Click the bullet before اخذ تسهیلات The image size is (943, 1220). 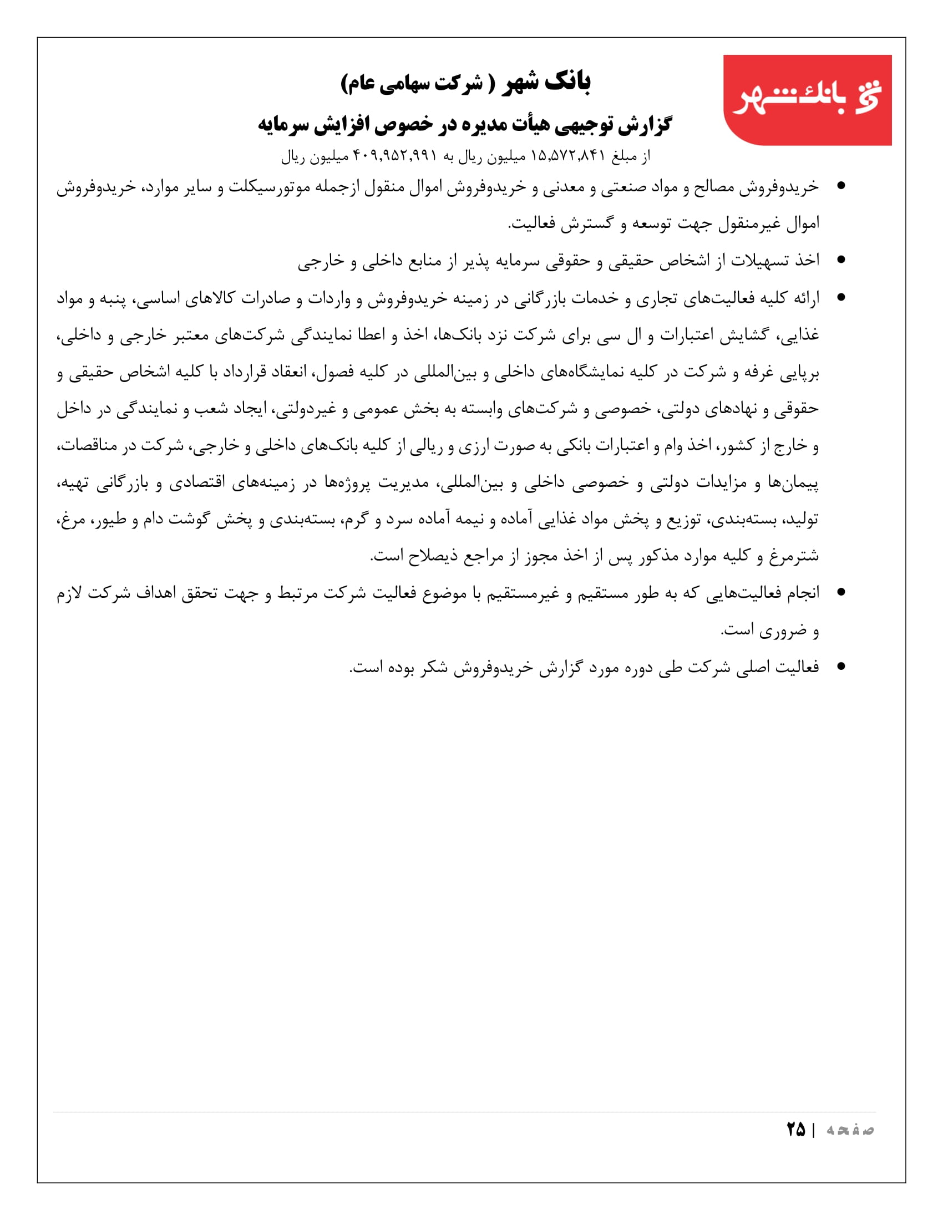click(x=841, y=260)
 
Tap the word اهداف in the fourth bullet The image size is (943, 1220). click(x=158, y=593)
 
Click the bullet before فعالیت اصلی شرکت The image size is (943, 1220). click(x=841, y=667)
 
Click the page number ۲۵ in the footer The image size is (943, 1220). click(x=795, y=1130)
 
